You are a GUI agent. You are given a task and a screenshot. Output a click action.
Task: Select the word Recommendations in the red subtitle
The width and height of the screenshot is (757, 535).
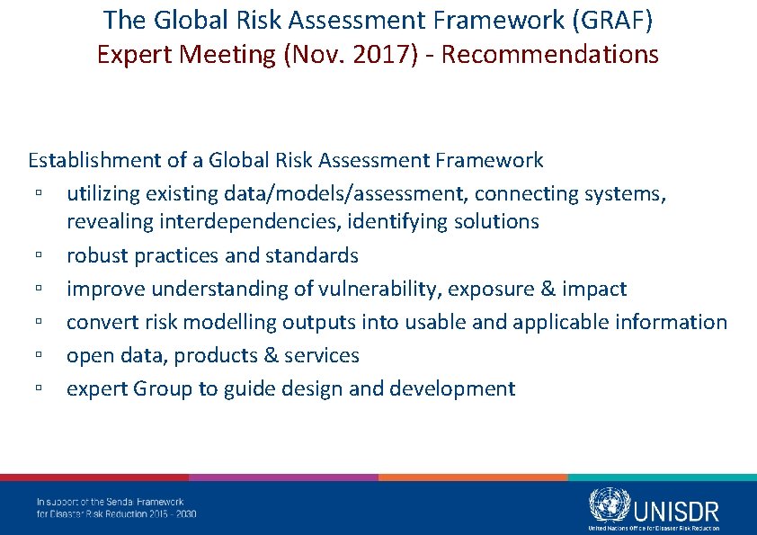point(550,55)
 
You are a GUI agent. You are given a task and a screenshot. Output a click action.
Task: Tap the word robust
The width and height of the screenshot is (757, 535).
point(97,255)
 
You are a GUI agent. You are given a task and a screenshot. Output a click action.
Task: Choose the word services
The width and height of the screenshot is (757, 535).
point(322,355)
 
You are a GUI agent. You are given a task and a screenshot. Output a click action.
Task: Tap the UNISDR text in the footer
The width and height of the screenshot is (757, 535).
point(676,511)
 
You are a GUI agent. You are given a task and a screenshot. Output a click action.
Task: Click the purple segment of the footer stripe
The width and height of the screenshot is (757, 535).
point(283,477)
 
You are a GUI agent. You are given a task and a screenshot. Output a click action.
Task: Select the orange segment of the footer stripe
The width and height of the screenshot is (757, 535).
point(473,477)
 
